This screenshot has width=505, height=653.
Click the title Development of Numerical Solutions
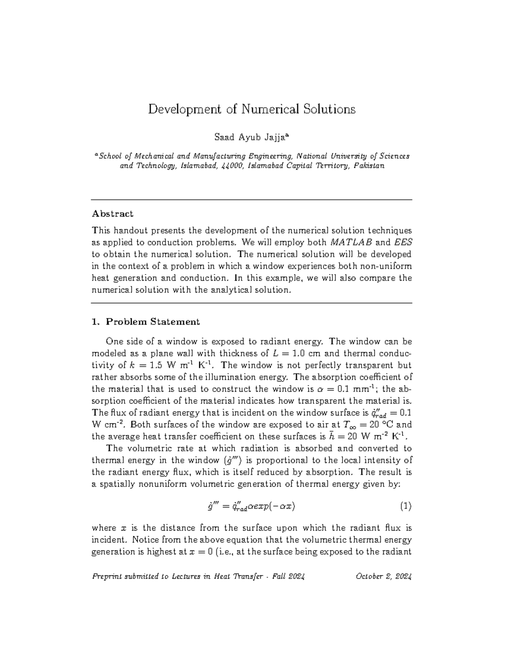pyautogui.click(x=252, y=109)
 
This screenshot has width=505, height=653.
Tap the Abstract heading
pyautogui.click(x=112, y=214)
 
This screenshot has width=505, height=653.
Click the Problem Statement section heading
pyautogui.click(x=152, y=322)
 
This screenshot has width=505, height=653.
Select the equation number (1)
pyautogui.click(x=405, y=506)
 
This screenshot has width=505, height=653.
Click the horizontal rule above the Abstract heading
pyautogui.click(x=252, y=199)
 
